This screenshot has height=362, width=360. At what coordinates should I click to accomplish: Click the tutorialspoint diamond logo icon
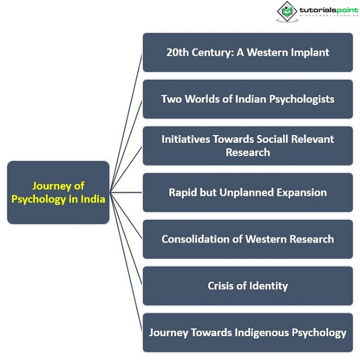pos(287,11)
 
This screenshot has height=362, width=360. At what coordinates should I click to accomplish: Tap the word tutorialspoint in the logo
pos(329,10)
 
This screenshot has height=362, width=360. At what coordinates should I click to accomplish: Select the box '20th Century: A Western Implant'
pos(248,52)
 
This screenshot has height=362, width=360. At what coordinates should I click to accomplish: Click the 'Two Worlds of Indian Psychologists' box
pos(248,99)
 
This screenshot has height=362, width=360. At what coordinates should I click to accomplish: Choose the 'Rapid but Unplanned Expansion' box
pos(248,192)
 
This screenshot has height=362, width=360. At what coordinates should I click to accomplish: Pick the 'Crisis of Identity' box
pos(248,286)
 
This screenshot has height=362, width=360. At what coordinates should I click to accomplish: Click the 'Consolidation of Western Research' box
pos(248,239)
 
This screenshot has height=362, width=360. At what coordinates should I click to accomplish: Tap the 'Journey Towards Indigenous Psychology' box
pos(248,333)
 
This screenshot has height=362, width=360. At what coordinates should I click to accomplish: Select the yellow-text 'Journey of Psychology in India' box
pos(58,192)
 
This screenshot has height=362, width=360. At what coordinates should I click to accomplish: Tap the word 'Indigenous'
pos(262,333)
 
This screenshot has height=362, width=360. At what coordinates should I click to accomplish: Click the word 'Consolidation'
pos(196,239)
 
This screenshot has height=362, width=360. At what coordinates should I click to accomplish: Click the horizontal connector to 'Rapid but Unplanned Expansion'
pos(126,192)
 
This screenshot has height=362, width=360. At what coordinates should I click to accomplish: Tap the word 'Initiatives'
pos(185,139)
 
